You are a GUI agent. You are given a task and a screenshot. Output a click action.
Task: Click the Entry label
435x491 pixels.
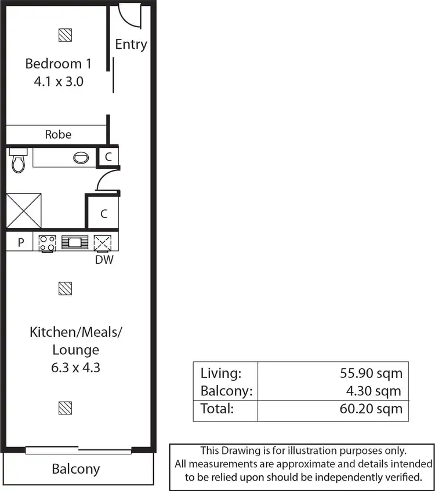tap(130, 45)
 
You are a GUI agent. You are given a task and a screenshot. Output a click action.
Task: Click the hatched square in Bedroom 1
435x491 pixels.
tap(66, 35)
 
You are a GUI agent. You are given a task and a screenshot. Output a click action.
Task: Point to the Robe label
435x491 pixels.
tap(58, 134)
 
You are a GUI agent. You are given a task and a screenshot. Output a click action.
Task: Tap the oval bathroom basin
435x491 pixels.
tap(81, 157)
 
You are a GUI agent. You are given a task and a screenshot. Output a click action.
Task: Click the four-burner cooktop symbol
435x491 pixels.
tap(47, 242)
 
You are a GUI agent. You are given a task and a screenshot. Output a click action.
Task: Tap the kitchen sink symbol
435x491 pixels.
tap(74, 242)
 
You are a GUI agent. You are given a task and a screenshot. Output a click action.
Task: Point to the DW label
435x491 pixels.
tap(104, 260)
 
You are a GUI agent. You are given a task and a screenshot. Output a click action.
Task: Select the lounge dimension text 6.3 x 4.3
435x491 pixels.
tap(76, 368)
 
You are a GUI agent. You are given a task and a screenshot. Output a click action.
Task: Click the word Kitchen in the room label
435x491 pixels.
tap(51, 333)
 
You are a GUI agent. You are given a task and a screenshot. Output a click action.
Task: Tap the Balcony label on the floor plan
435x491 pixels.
tap(76, 469)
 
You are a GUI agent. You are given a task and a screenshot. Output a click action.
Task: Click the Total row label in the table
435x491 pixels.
tap(217, 409)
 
